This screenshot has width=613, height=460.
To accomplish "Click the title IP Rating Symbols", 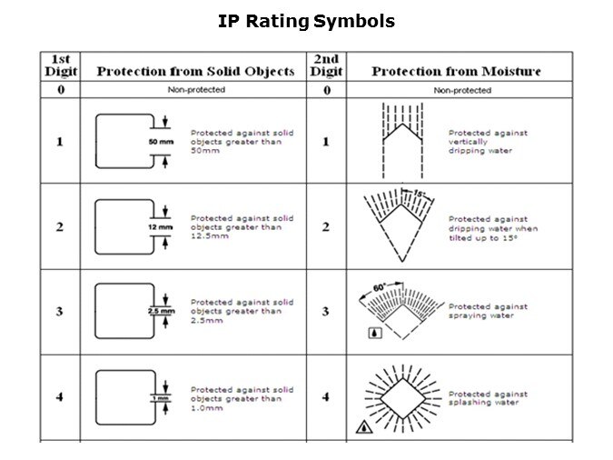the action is [306, 22].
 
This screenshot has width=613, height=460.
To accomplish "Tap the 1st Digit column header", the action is [61, 65].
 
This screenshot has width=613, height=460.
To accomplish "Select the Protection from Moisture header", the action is [456, 71].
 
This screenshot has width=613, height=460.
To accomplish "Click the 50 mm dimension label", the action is [161, 142].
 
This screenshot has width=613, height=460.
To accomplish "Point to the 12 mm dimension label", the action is [160, 227].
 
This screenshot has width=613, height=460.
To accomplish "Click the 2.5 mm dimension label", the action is [161, 311].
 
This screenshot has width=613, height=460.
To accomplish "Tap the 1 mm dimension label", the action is [161, 398].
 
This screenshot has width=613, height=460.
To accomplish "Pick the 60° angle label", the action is [380, 288].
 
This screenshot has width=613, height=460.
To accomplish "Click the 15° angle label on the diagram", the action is [419, 193].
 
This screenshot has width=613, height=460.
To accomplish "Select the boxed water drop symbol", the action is [375, 333].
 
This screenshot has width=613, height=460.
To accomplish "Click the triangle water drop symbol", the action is [364, 426].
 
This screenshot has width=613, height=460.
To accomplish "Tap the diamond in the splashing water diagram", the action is [402, 399].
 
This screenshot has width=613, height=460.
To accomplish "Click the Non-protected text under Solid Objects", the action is [196, 90].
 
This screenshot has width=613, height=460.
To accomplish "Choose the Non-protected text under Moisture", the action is [462, 90].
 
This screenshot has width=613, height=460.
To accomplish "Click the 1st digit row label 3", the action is [59, 312].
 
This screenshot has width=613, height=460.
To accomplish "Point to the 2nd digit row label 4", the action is [326, 397].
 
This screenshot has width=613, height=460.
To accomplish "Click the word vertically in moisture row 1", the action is [468, 142].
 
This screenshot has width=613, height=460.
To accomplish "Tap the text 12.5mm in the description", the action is [210, 236].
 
